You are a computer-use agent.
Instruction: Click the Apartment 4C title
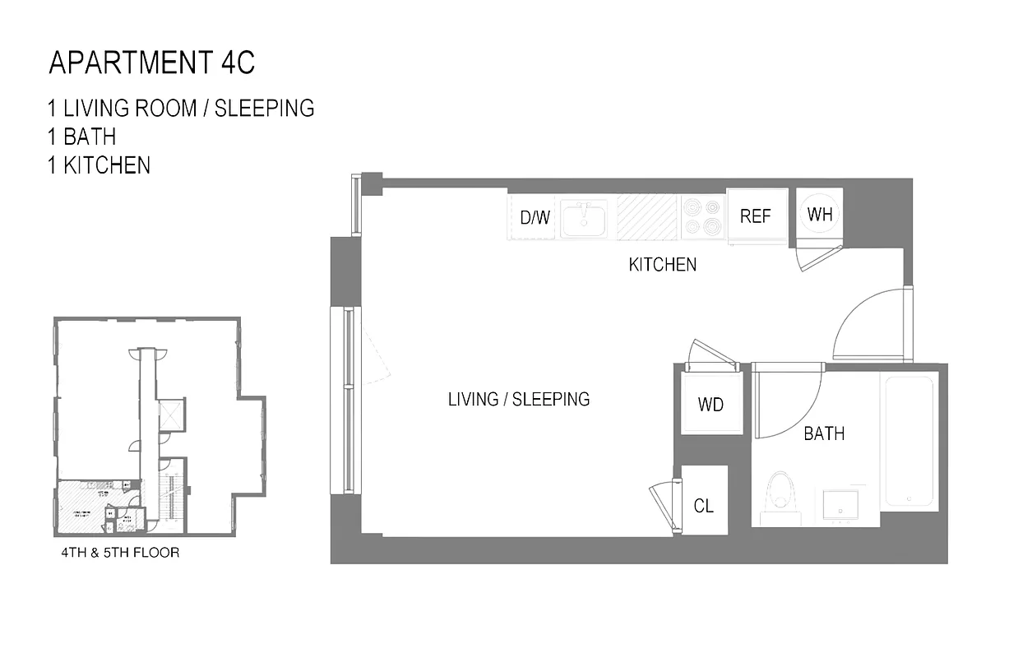pyautogui.click(x=157, y=63)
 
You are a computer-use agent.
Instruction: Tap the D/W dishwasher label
pyautogui.click(x=535, y=218)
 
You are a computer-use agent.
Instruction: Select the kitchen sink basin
pyautogui.click(x=584, y=218)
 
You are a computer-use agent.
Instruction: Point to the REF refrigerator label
pyautogui.click(x=755, y=216)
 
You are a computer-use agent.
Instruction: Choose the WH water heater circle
pyautogui.click(x=820, y=215)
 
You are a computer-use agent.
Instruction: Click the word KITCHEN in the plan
pyautogui.click(x=662, y=265)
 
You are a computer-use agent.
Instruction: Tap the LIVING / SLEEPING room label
pyautogui.click(x=519, y=400)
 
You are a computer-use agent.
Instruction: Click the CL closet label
pyautogui.click(x=704, y=506)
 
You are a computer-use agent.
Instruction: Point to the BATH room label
pyautogui.click(x=824, y=433)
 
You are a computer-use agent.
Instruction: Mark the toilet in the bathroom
pyautogui.click(x=779, y=496)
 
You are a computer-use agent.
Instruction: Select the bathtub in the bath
pyautogui.click(x=908, y=442)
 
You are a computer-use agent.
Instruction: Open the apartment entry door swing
pyautogui.click(x=868, y=325)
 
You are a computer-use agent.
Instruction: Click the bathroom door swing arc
pyautogui.click(x=785, y=399)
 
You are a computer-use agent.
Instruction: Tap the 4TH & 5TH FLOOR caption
pyautogui.click(x=120, y=553)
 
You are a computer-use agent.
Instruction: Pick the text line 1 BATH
pyautogui.click(x=81, y=137)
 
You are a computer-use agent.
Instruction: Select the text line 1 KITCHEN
pyautogui.click(x=99, y=165)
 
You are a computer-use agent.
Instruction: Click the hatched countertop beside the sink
pyautogui.click(x=649, y=217)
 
